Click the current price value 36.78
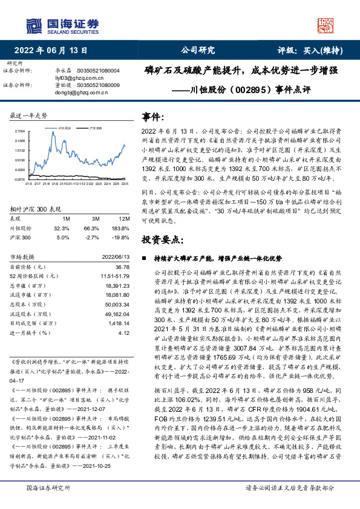[x=122, y=267]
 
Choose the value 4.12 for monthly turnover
[x=124, y=332]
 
